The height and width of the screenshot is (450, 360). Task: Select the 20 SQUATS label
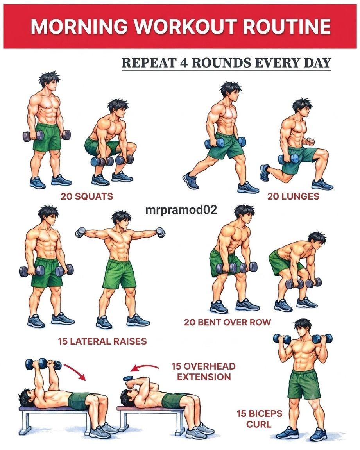87,196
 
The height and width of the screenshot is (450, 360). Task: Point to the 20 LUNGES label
293,196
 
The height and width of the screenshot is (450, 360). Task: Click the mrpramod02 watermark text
181,210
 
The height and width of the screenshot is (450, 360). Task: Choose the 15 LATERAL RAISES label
102,341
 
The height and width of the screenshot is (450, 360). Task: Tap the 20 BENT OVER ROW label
227,322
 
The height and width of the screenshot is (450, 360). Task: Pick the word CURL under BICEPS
259,424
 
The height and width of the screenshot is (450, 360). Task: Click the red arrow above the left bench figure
75,371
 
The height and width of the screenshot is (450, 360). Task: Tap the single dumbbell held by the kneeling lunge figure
288,159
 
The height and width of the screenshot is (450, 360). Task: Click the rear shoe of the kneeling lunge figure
265,173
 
